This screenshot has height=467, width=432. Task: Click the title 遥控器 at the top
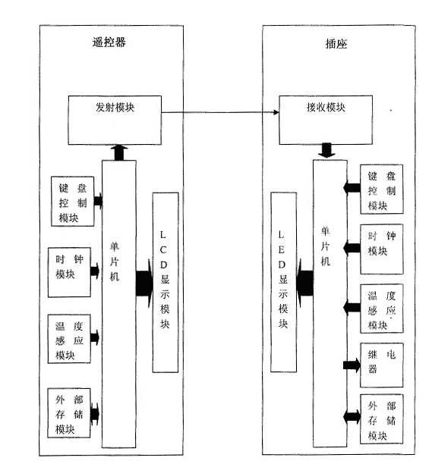click(x=109, y=42)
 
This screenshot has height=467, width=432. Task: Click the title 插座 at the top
click(x=336, y=44)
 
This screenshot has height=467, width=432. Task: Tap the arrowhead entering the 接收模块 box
click(x=276, y=112)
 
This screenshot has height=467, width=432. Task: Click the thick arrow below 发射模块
click(x=119, y=153)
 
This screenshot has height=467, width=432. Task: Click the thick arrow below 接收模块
click(x=326, y=151)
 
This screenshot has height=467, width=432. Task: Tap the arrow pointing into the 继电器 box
click(x=352, y=365)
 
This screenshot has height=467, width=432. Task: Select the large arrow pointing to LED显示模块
click(x=305, y=283)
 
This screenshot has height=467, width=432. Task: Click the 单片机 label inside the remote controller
click(x=115, y=262)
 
